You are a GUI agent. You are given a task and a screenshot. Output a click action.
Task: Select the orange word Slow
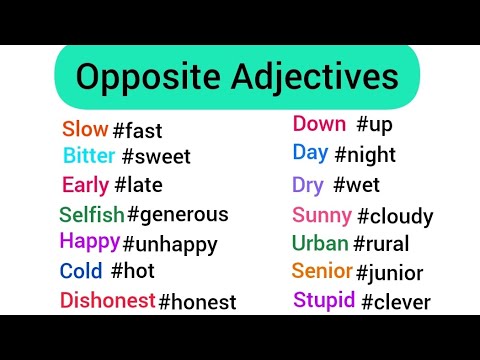84,129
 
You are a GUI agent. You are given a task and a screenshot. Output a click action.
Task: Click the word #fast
137,131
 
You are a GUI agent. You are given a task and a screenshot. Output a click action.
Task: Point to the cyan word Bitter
89,156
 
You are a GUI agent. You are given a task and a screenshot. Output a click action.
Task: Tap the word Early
85,185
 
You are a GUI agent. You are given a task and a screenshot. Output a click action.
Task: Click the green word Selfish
91,214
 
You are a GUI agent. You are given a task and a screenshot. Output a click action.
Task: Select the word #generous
177,214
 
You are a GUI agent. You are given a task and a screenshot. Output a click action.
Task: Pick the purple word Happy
89,241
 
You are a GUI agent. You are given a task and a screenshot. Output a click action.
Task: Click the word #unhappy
169,244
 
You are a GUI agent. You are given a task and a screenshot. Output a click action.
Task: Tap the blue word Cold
81,271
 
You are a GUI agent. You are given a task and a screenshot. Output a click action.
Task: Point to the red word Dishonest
107,300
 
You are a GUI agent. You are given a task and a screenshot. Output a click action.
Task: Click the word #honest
197,301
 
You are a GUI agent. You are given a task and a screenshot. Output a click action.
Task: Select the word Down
318,125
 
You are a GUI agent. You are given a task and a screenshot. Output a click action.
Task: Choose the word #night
364,155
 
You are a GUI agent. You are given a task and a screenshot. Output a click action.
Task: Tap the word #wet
356,185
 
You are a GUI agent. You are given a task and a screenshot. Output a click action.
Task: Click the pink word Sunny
321,215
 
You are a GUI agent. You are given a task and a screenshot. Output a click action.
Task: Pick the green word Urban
320,243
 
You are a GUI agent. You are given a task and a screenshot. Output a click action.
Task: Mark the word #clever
395,301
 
